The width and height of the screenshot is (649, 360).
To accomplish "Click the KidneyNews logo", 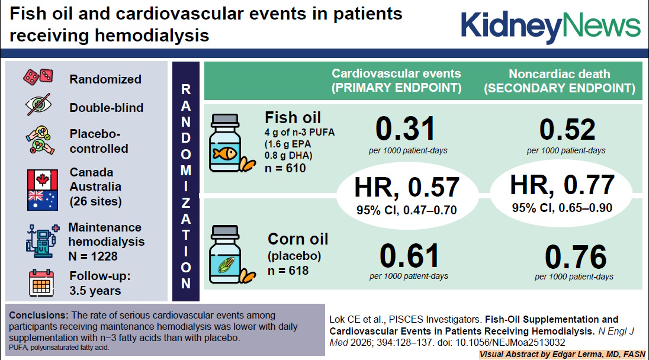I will point(550,25).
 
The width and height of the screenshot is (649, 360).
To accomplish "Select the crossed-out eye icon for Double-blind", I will point(40,106).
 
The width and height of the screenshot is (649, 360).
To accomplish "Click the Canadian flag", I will point(42,179).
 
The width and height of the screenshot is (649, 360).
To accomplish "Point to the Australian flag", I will point(42,200).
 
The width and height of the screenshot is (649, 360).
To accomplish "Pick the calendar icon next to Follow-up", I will point(42,283).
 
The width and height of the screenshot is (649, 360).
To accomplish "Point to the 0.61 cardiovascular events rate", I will point(409,256).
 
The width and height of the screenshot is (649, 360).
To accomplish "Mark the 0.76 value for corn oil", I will point(574,257).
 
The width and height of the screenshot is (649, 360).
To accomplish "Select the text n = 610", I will point(285,169).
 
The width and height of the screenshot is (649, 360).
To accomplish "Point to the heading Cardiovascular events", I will point(396,74).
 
